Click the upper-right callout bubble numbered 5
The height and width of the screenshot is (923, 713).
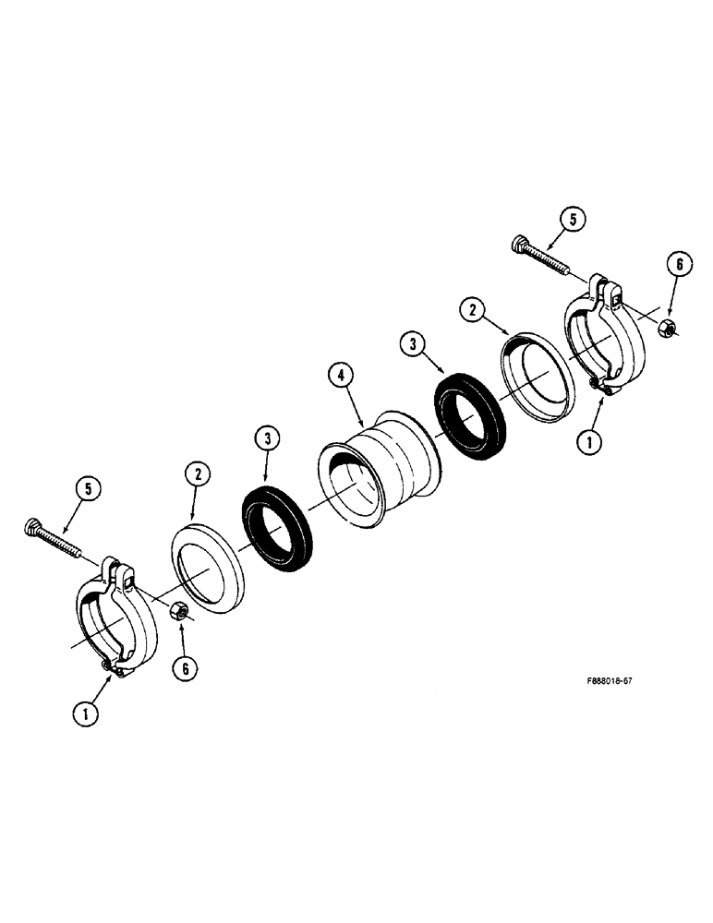point(574,220)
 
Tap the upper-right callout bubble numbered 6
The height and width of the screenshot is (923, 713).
point(678,264)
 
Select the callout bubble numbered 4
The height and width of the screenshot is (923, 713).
point(341,376)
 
